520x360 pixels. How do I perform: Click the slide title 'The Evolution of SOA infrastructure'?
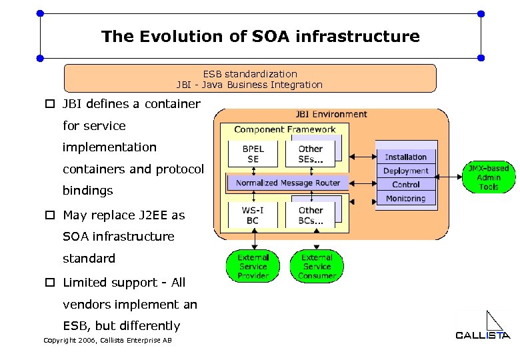pos(261,36)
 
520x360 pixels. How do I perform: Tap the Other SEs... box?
pos(311,154)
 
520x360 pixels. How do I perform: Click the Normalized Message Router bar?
pos(287,183)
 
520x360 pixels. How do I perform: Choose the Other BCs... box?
pos(311,215)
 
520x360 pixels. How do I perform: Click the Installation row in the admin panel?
pos(405,157)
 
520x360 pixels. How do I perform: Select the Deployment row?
pos(405,171)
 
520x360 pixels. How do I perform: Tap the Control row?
pos(405,185)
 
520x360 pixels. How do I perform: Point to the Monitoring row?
pos(405,199)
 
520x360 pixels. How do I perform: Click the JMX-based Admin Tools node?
pos(489,177)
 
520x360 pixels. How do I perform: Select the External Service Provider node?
pos(253,266)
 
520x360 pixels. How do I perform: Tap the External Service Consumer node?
pos(317,266)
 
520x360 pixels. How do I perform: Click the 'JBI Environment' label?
pos(331,115)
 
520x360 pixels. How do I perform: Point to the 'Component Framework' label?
pos(285,129)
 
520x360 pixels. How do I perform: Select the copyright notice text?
pos(107,341)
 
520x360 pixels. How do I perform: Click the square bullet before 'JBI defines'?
pos(49,104)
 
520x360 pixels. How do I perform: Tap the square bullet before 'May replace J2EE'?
pos(49,215)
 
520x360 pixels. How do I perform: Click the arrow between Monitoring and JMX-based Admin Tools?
pos(451,177)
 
